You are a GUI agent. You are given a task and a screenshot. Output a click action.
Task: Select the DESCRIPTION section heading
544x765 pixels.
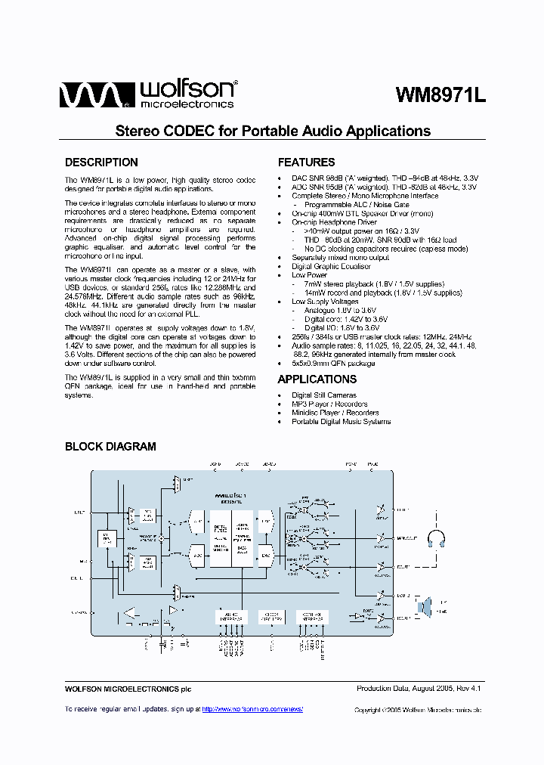point(101,163)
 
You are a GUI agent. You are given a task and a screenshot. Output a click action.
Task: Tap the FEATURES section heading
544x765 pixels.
point(306,163)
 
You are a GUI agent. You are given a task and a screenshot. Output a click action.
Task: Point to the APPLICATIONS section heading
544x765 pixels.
point(317,379)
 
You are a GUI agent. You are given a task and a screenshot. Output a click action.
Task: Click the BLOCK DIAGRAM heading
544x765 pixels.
point(110,447)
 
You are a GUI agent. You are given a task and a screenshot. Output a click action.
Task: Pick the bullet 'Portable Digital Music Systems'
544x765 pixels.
point(341,421)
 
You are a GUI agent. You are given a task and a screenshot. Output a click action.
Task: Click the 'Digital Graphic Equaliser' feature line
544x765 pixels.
point(331,267)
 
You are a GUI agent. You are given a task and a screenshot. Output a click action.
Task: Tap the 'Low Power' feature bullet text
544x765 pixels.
point(309,275)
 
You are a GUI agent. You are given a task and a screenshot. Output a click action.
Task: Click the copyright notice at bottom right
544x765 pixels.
point(417,710)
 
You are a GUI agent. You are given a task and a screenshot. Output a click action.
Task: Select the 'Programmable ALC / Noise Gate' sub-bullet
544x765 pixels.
point(357,205)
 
